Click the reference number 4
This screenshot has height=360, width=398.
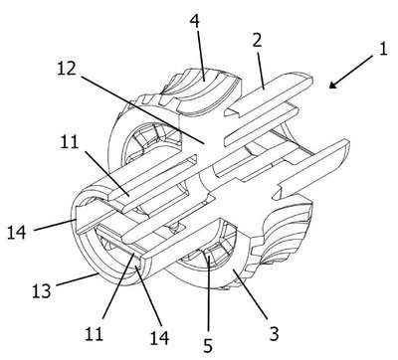click(x=195, y=21)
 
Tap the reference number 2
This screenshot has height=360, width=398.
click(x=257, y=40)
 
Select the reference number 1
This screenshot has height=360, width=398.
click(x=383, y=49)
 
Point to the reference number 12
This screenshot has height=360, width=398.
click(x=67, y=69)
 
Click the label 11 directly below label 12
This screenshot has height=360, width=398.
click(x=70, y=142)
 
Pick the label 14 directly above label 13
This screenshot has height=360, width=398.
click(x=17, y=232)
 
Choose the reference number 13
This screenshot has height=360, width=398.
click(x=42, y=291)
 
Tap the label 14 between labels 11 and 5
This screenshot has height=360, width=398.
click(x=159, y=338)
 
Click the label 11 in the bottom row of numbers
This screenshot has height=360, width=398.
click(x=94, y=333)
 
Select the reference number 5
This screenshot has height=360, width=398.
click(x=208, y=346)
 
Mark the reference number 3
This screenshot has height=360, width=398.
click(x=274, y=333)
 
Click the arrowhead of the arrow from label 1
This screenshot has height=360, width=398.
click(x=333, y=85)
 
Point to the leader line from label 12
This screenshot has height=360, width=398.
click(x=142, y=110)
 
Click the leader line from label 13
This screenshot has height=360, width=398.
click(x=78, y=279)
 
